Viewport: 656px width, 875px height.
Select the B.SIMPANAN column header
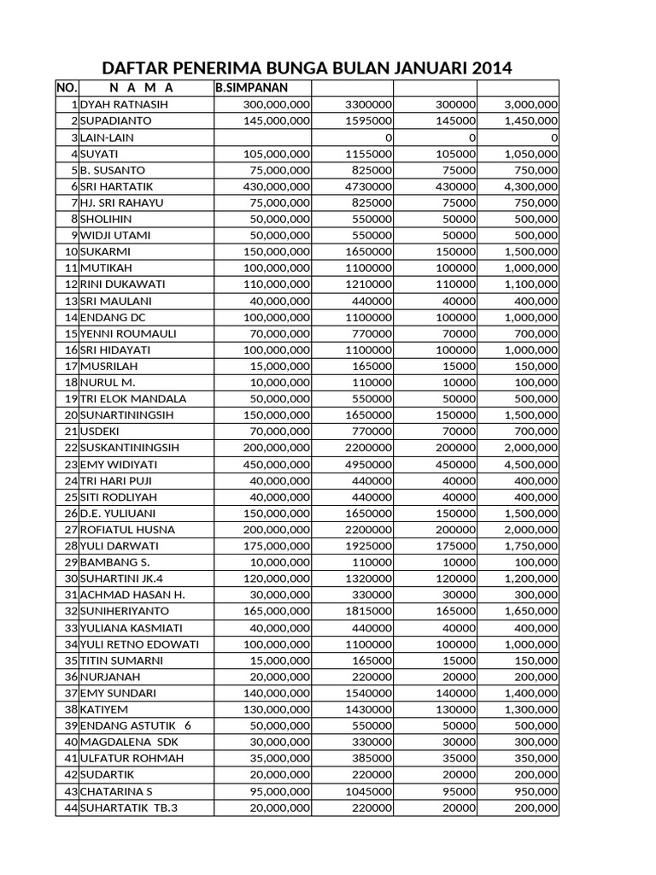pos(250,88)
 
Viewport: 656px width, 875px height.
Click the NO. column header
pos(67,88)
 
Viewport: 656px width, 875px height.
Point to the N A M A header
pos(141,88)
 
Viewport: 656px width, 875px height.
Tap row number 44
pos(70,807)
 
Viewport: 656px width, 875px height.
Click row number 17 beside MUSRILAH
pos(70,366)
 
